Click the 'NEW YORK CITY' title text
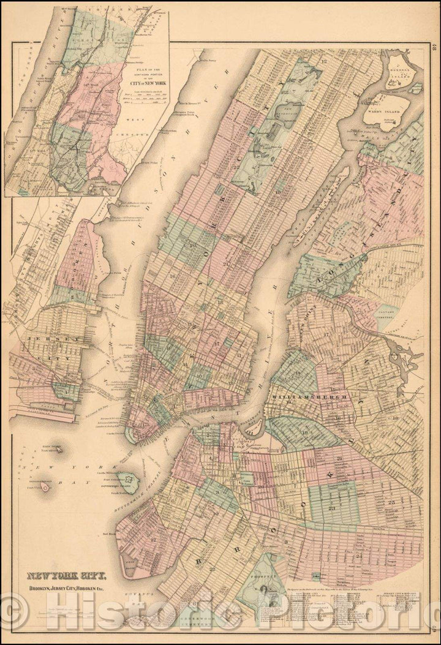tap(67, 576)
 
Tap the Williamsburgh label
tap(310, 397)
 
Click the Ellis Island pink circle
tap(45, 488)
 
